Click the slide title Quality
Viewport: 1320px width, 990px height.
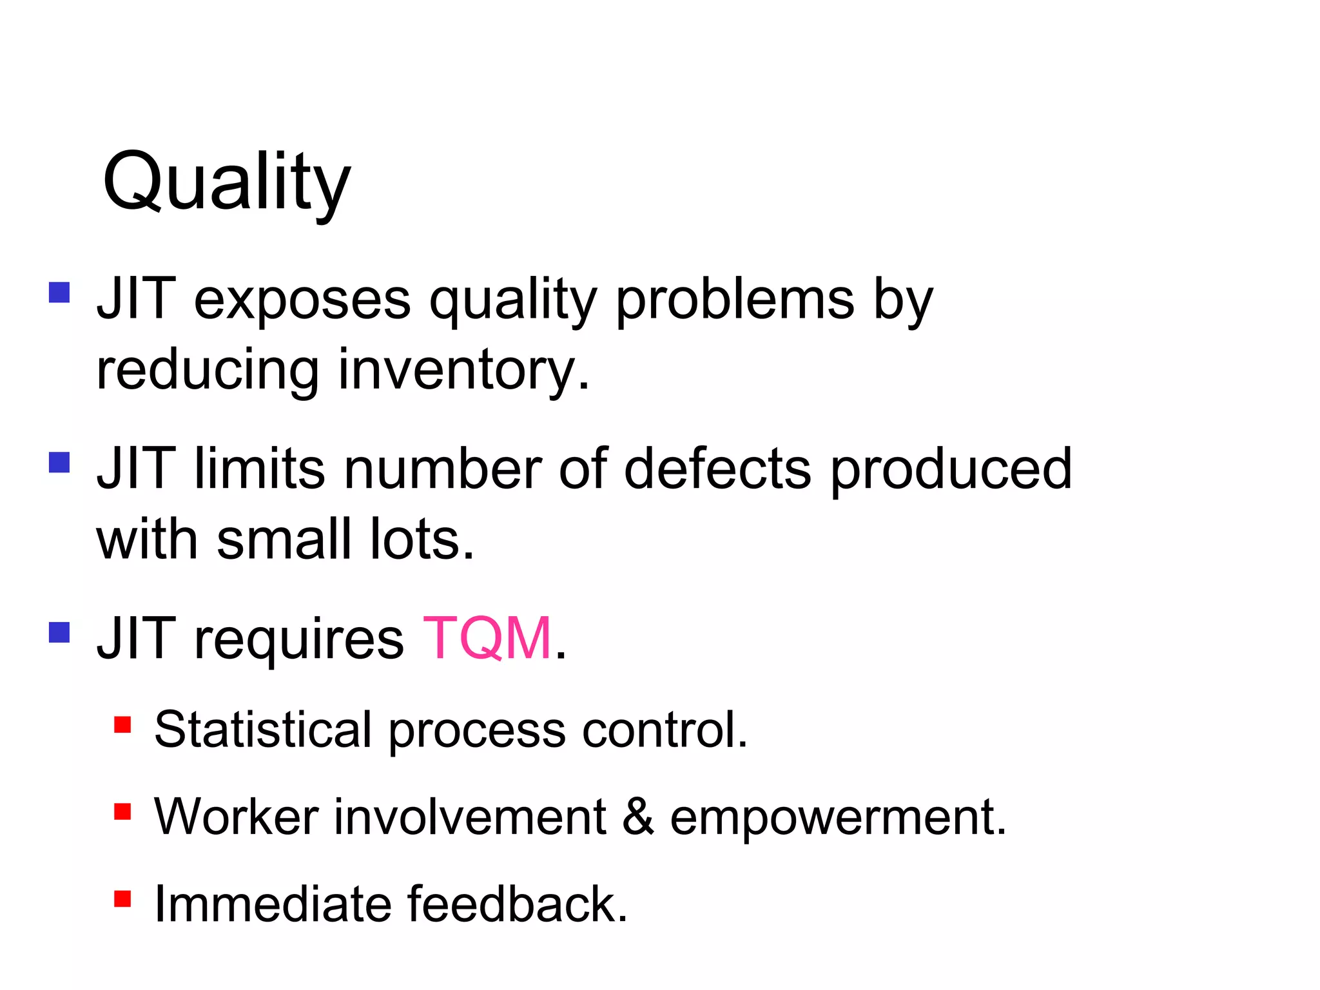coord(226,182)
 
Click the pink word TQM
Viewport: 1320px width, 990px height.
coord(487,638)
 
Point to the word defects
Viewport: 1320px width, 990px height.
coord(717,469)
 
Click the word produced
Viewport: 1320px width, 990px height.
coord(951,469)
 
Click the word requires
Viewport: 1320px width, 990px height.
coord(299,639)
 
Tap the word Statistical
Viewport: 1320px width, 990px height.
coord(263,730)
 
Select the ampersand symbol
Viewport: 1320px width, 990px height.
coord(638,817)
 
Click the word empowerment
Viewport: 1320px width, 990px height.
coord(837,817)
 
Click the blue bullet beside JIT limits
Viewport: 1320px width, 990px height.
coord(59,462)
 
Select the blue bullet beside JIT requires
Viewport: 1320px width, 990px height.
coord(59,632)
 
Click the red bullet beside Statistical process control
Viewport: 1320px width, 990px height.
coord(122,724)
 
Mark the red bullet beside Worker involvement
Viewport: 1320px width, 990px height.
coord(122,811)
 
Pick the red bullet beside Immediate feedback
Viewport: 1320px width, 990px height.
coord(122,898)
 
